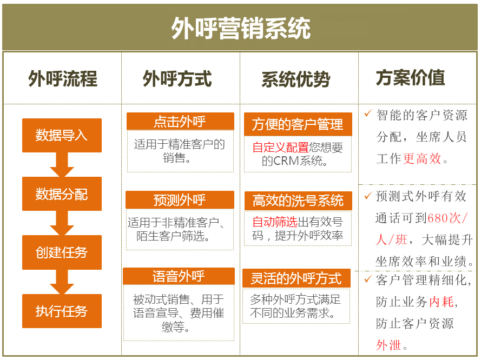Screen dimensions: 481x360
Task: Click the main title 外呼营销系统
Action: (241, 28)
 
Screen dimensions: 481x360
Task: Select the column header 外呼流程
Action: (63, 78)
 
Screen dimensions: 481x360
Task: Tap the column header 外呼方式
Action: (177, 78)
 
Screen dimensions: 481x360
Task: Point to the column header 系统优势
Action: (296, 79)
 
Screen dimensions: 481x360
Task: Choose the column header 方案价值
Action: (411, 77)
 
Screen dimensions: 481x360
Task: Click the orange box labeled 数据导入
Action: (62, 135)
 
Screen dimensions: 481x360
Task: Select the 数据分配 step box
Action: (62, 194)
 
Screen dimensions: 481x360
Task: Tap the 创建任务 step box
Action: (62, 252)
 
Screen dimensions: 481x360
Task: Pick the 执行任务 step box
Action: (62, 311)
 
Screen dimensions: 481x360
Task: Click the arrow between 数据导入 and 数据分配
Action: (62, 164)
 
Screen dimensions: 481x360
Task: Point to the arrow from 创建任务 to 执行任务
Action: (62, 282)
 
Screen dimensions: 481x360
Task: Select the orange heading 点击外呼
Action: (180, 121)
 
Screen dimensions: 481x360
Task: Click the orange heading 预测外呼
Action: (180, 200)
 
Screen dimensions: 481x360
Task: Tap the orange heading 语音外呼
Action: (179, 276)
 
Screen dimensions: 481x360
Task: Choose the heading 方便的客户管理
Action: (298, 124)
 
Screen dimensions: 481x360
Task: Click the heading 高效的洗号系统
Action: (298, 201)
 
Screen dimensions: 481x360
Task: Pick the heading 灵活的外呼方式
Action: (296, 278)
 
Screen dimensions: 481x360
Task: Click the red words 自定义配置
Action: (280, 148)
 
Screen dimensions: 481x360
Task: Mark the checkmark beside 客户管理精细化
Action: (368, 279)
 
